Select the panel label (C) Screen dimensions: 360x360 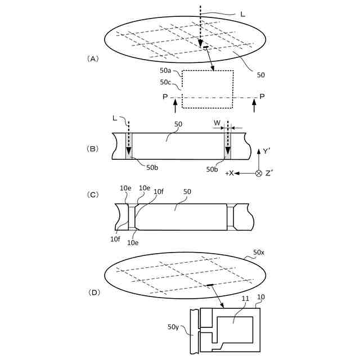[93, 195]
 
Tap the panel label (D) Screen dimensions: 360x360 [93, 292]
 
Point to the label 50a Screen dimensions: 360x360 [165, 71]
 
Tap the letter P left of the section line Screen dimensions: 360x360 [164, 97]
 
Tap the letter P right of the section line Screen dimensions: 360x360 [262, 97]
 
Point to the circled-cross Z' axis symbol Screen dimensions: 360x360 [259, 173]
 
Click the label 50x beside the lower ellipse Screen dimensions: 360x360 [260, 254]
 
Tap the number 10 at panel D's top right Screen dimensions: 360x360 [261, 297]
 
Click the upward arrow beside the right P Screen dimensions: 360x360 [255, 105]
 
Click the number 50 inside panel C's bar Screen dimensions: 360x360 [187, 192]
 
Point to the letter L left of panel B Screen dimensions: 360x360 [115, 118]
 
